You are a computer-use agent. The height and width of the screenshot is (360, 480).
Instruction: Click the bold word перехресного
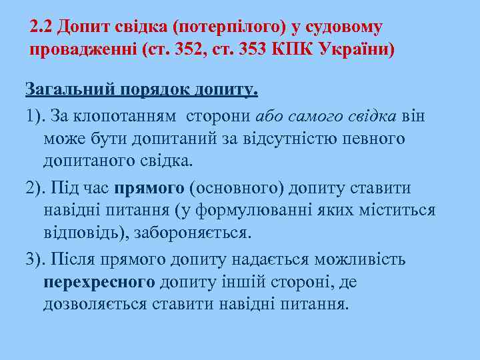point(99,282)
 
